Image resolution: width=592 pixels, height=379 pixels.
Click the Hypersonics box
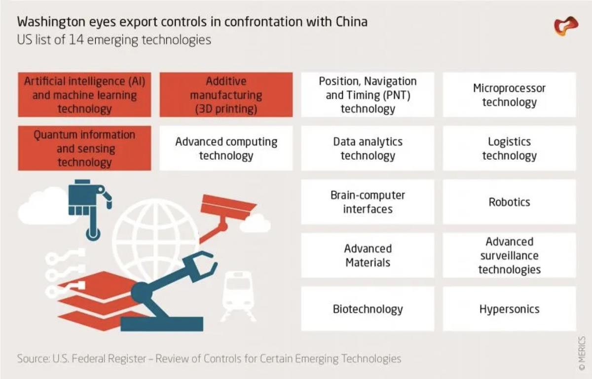tap(509, 309)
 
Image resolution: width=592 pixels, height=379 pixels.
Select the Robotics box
tap(509, 202)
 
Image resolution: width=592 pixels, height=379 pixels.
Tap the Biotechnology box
tap(368, 309)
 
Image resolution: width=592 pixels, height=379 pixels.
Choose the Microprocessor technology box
tap(509, 95)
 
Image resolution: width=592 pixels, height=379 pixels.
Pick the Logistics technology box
tap(509, 149)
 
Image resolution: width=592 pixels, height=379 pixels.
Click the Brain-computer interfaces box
tap(368, 202)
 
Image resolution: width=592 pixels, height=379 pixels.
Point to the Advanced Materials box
tap(368, 255)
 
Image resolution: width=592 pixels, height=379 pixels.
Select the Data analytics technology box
tap(368, 149)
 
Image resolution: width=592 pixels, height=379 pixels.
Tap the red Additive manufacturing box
tap(226, 95)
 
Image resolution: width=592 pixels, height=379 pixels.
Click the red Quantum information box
tap(84, 149)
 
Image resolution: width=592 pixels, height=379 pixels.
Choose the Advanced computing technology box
tap(226, 149)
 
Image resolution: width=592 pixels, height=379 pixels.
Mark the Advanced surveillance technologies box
tap(509, 255)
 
